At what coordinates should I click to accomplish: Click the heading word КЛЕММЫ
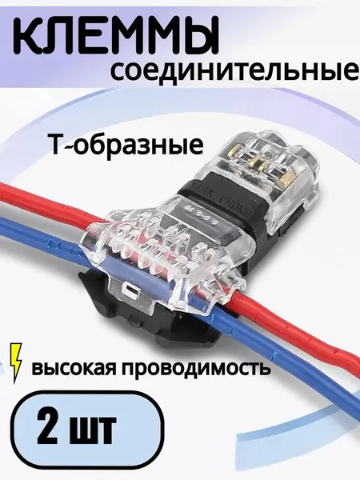coord(116,36)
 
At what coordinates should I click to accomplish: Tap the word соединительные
coord(234,70)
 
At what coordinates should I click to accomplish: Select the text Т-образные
coord(126,145)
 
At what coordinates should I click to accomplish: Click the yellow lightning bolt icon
coord(16,363)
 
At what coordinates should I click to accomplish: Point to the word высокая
coord(76,369)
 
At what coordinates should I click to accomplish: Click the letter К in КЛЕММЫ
coord(29,36)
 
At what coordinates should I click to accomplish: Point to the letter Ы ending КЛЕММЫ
coord(198,36)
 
